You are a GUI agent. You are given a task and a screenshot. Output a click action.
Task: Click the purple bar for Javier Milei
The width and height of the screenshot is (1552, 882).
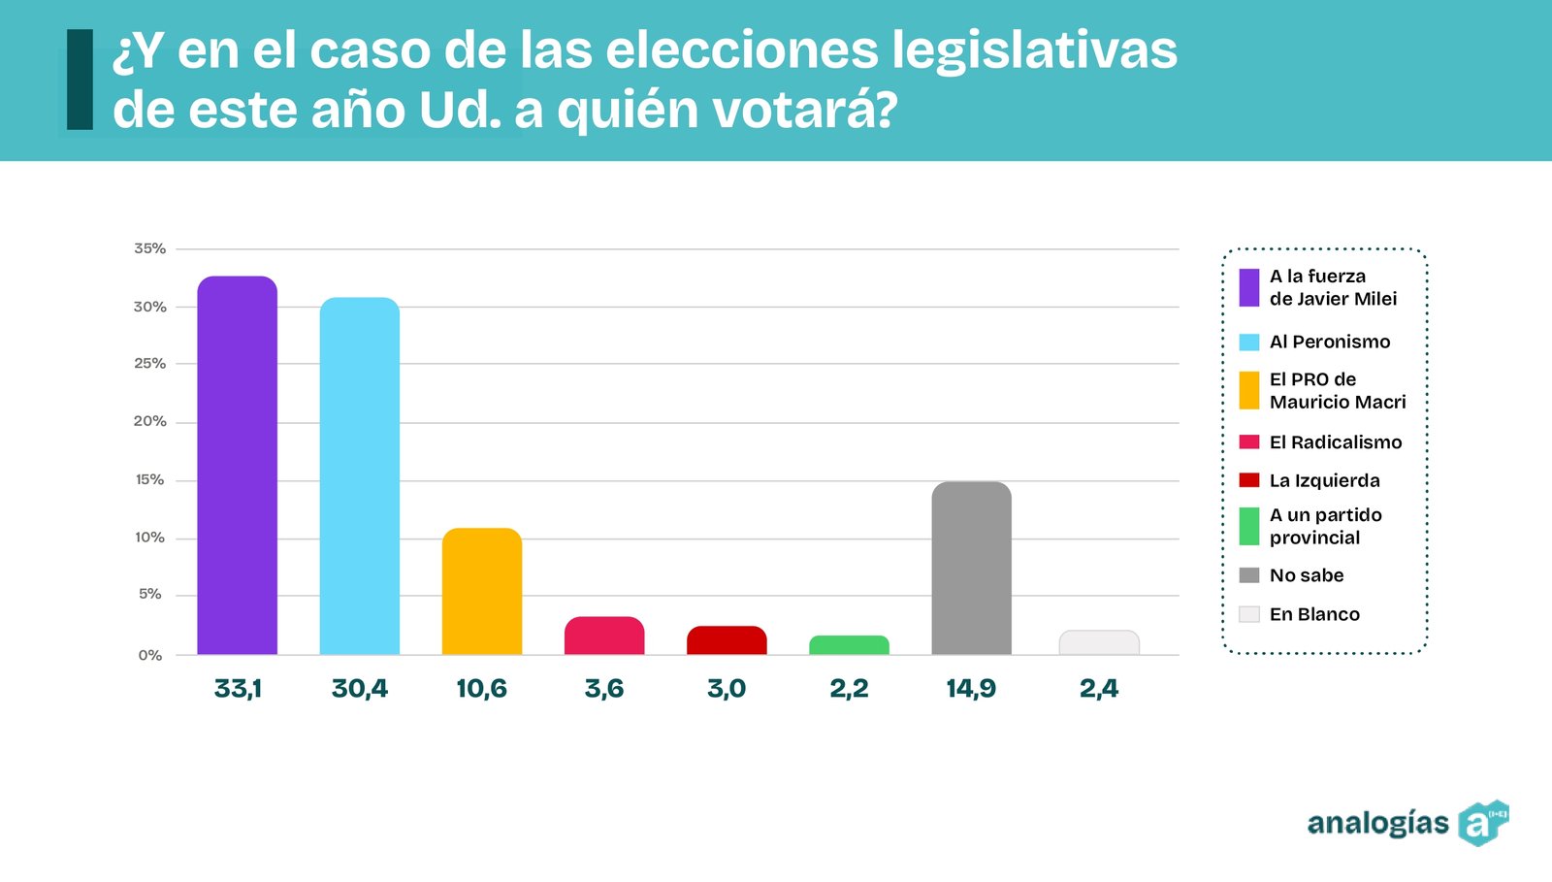(x=237, y=466)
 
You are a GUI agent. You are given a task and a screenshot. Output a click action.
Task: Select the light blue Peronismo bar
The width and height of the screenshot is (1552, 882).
(x=359, y=475)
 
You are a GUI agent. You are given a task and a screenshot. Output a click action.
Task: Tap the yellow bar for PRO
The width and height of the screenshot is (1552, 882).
(x=481, y=591)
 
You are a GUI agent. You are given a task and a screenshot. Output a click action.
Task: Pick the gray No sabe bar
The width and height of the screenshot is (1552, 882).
(x=971, y=568)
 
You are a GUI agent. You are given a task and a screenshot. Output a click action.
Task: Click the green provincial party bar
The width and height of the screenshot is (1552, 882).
(x=849, y=645)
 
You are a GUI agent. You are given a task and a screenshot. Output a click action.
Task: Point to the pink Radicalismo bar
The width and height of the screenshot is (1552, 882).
(x=604, y=636)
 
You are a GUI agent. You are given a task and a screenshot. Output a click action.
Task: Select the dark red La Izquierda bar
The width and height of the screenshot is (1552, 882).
(x=727, y=640)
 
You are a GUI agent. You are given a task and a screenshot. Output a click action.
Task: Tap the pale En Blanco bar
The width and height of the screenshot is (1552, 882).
(x=1099, y=642)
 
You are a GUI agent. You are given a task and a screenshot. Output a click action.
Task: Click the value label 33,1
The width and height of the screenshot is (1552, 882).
(x=238, y=689)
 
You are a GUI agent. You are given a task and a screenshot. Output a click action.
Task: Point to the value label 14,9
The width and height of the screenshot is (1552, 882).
(x=971, y=689)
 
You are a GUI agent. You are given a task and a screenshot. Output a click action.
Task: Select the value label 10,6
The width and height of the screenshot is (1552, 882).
(x=481, y=689)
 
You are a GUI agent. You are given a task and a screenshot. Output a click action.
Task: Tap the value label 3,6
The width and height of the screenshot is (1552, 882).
(x=604, y=689)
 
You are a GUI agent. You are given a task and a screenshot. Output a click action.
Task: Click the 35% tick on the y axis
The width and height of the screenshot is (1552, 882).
(x=150, y=248)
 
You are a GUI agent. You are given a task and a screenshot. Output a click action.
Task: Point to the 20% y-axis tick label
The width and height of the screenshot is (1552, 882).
(x=150, y=421)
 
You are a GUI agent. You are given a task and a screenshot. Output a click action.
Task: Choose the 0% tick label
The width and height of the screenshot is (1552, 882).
(x=150, y=656)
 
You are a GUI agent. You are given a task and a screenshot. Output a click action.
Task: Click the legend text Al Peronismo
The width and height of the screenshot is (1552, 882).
(x=1330, y=342)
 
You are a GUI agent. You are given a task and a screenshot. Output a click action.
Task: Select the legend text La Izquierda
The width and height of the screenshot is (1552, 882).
(x=1324, y=480)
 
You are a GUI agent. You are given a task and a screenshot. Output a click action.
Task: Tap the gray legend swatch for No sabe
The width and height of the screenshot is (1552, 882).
(x=1249, y=575)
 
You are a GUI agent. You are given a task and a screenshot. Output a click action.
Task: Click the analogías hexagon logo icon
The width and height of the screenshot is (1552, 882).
(x=1482, y=823)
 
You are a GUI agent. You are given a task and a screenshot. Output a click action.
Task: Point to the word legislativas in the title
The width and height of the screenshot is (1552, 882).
(x=1034, y=50)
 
